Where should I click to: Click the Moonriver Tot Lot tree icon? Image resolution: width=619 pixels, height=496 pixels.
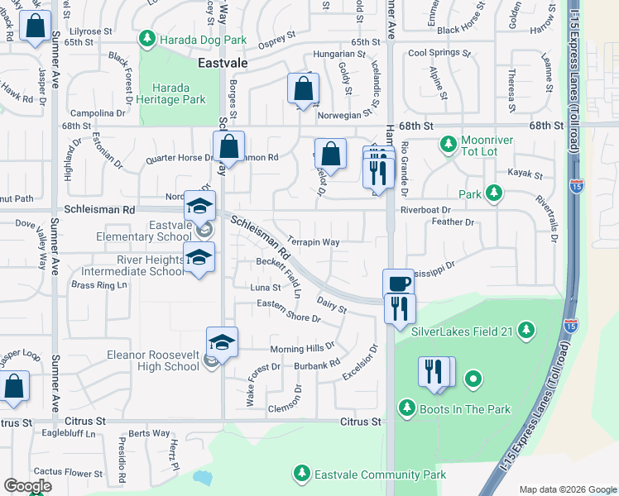(x=448, y=145)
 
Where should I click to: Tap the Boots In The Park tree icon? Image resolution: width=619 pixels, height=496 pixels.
(x=406, y=408)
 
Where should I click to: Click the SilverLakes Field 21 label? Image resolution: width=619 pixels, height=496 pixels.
(x=463, y=332)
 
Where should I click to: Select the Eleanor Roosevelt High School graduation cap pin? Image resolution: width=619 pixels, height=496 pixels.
(x=223, y=341)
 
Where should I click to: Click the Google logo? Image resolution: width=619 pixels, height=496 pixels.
(x=26, y=485)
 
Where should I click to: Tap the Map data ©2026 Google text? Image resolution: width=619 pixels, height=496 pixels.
(x=568, y=489)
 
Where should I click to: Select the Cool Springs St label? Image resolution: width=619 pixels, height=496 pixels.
(x=440, y=54)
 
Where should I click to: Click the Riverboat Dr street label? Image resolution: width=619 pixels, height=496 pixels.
(x=425, y=210)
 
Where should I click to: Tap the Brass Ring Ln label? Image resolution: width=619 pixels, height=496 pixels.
(x=101, y=285)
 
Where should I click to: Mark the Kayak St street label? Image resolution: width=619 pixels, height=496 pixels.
(x=526, y=175)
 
